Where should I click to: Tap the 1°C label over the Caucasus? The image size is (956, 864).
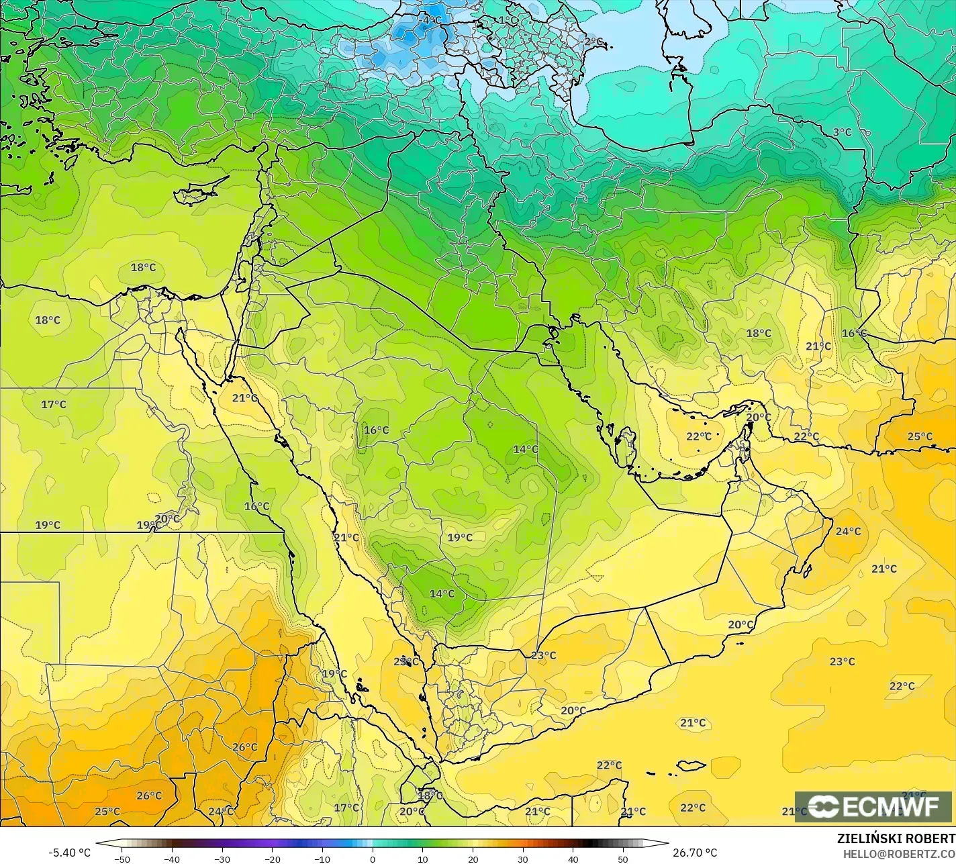(x=508, y=20)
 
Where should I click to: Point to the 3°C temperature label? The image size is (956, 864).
(x=842, y=132)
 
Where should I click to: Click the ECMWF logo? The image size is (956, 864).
(x=873, y=806)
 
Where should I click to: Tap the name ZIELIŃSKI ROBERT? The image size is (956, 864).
(x=896, y=838)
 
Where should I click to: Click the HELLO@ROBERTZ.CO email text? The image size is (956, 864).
(x=900, y=853)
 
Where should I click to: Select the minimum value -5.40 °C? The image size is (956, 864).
(x=69, y=853)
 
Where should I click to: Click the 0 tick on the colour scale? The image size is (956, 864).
(x=373, y=859)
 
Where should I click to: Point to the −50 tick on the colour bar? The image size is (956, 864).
(x=122, y=859)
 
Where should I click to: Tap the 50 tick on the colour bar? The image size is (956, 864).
(x=623, y=859)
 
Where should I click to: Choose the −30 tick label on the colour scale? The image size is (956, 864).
(x=222, y=859)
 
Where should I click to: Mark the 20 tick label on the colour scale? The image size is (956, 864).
(x=473, y=859)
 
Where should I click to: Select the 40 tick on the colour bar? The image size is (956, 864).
(x=573, y=859)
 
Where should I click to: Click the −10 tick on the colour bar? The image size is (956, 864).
(x=322, y=859)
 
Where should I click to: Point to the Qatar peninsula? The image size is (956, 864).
(x=628, y=444)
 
